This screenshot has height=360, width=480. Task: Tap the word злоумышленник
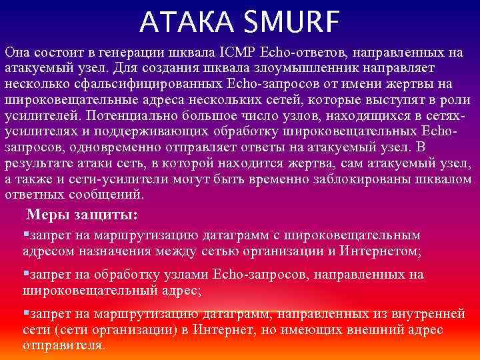(x=320, y=68)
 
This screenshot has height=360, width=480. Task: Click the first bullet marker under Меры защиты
(x=25, y=234)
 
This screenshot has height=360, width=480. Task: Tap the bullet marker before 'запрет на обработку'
(x=25, y=273)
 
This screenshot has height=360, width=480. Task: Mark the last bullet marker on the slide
(x=25, y=313)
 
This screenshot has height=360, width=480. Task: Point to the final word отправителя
(x=63, y=346)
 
